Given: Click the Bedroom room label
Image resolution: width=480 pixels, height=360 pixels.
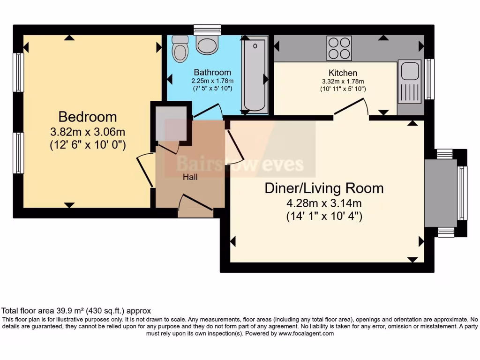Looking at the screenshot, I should [88, 116].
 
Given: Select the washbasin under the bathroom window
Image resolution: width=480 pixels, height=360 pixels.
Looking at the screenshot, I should [207, 45].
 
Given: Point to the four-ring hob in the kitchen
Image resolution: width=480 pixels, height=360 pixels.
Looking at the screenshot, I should [339, 48].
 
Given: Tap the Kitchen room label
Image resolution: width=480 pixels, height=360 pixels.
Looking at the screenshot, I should [343, 73].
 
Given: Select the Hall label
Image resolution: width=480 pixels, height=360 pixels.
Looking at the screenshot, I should [190, 177].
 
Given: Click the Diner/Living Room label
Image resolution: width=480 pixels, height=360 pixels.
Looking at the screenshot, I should [324, 188].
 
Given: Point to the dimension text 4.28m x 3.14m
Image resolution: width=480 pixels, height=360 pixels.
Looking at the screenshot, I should [324, 203].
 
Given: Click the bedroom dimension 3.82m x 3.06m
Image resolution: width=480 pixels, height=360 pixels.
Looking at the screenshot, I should [88, 131].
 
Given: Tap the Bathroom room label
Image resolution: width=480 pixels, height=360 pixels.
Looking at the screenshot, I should [212, 72].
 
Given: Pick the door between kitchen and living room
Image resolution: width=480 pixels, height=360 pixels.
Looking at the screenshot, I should [351, 109].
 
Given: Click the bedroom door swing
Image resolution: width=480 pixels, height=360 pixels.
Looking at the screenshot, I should [145, 171].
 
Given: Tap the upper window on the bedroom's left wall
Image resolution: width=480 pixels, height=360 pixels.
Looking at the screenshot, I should [18, 73].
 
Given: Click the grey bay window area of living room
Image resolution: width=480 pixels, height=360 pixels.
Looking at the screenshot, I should [441, 193].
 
